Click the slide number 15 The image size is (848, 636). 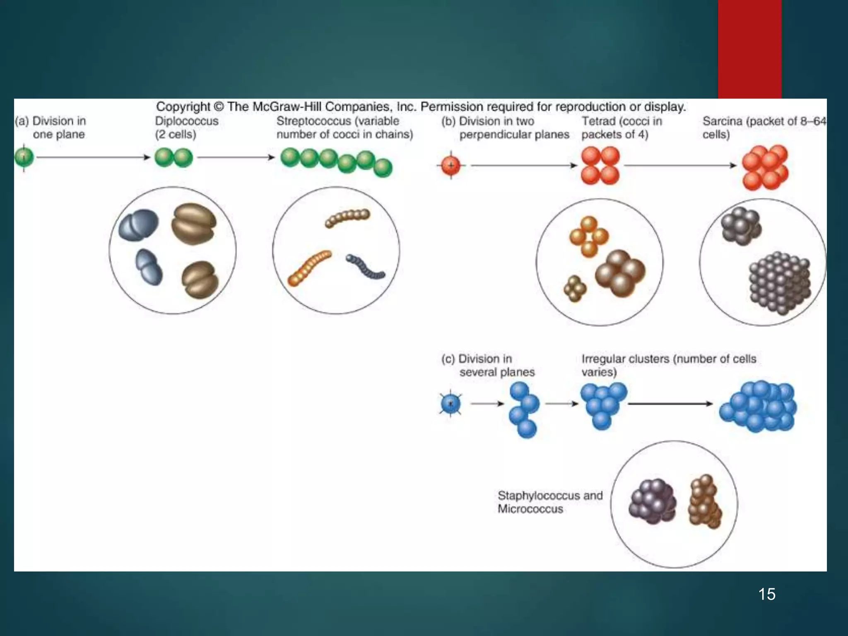coord(767,594)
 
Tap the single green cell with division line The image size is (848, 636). coord(24,157)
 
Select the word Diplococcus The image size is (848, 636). coord(187,121)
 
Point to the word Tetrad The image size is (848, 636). coord(598,121)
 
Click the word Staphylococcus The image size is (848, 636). coord(538,495)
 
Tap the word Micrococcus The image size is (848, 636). coord(530,509)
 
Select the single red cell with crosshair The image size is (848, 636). coord(451,165)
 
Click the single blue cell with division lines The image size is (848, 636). coord(450,403)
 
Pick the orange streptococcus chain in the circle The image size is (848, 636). coord(309,267)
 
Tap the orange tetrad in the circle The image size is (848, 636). coord(588,236)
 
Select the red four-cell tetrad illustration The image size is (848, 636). coord(600,165)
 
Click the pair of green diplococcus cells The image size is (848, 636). coord(173,158)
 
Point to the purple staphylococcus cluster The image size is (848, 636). coord(652,501)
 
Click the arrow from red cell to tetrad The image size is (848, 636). coord(523,165)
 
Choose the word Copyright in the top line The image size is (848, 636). coord(183,106)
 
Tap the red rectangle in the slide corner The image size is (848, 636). coord(749,49)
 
